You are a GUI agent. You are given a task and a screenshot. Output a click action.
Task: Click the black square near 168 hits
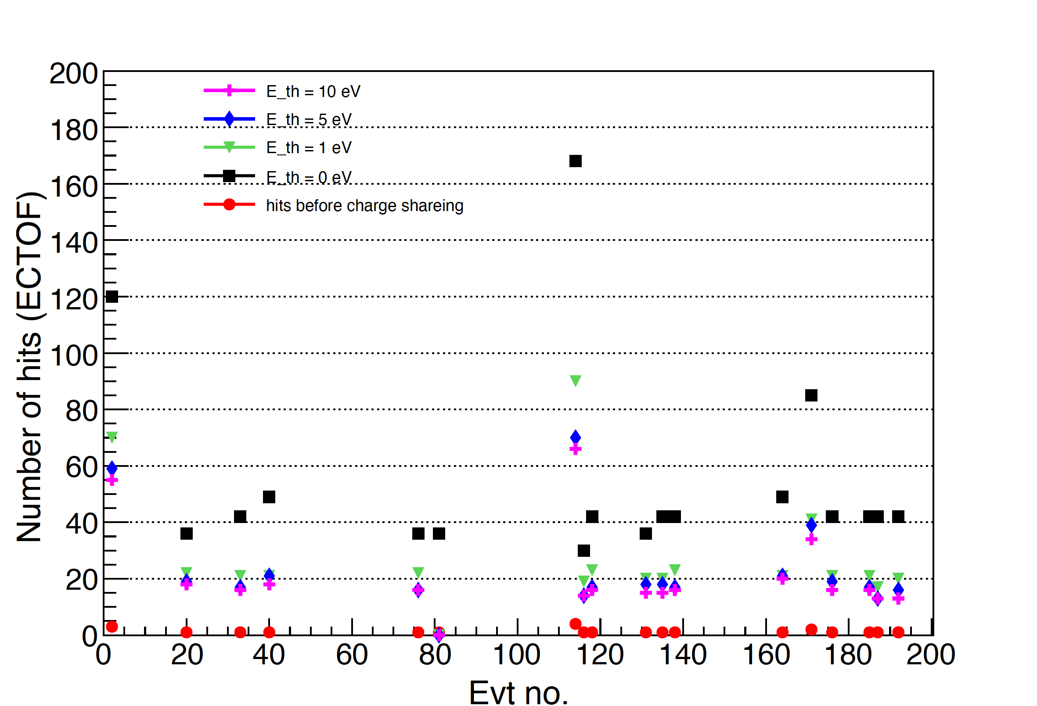pyautogui.click(x=575, y=161)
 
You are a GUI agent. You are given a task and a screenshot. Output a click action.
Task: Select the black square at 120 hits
pyautogui.click(x=112, y=297)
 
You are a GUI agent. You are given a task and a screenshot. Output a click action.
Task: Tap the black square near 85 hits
pyautogui.click(x=811, y=395)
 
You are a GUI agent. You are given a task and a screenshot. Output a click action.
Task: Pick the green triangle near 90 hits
pyautogui.click(x=575, y=380)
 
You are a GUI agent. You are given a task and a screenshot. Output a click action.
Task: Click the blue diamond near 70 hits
pyautogui.click(x=575, y=437)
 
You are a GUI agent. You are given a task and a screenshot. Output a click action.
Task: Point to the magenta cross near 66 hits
pyautogui.click(x=575, y=449)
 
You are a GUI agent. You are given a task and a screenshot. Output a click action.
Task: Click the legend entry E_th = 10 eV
pyautogui.click(x=313, y=91)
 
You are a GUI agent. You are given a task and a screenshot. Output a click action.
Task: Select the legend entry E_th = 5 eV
pyautogui.click(x=308, y=119)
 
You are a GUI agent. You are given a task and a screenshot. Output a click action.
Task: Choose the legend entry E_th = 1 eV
pyautogui.click(x=308, y=147)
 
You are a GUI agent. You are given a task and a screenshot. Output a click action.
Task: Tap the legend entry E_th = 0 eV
pyautogui.click(x=308, y=177)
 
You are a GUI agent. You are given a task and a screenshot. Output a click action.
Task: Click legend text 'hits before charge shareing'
pyautogui.click(x=364, y=206)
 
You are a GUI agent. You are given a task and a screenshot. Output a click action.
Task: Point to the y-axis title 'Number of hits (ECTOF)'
pyautogui.click(x=29, y=367)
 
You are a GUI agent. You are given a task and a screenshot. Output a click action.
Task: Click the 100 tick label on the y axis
pyautogui.click(x=74, y=356)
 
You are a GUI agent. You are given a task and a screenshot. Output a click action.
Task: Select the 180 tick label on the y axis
pyautogui.click(x=74, y=130)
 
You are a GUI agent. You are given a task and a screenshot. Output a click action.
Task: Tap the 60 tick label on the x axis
pyautogui.click(x=352, y=655)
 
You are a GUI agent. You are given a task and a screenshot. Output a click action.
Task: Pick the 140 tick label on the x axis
pyautogui.click(x=683, y=655)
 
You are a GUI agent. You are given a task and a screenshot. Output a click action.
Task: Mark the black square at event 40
pyautogui.click(x=269, y=497)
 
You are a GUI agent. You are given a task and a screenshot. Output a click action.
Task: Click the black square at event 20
pyautogui.click(x=187, y=534)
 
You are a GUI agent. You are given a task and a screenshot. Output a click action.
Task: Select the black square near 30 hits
pyautogui.click(x=583, y=551)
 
